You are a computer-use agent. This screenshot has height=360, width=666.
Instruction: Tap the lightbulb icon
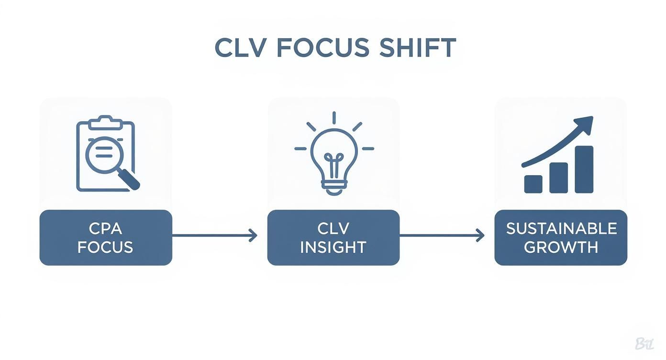tap(333, 153)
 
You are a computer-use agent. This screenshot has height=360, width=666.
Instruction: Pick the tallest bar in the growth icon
tap(584, 169)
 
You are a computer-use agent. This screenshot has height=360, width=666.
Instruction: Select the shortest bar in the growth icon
tap(533, 184)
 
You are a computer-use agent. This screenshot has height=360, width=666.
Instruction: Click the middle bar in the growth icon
tap(558, 178)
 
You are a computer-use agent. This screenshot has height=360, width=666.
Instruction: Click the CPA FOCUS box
tap(106, 237)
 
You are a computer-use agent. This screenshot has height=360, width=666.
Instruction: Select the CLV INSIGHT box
tap(333, 237)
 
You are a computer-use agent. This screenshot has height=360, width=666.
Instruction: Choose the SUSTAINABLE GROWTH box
tap(561, 237)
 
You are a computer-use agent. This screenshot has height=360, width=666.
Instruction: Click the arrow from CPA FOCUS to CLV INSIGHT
tap(214, 235)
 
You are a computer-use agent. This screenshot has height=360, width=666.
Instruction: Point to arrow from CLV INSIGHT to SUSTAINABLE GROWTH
tap(442, 235)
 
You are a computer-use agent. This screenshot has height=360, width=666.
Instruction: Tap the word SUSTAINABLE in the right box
tap(561, 228)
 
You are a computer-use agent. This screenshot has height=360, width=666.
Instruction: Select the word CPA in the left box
tap(106, 228)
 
